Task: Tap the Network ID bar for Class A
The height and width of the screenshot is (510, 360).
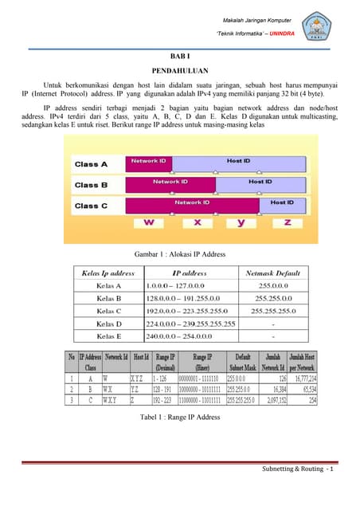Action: tap(149, 161)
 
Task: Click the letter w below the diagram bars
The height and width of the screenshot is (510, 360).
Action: tap(149, 222)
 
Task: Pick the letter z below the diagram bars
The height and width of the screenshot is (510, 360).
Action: tap(288, 222)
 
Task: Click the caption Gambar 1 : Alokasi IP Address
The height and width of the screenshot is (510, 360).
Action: tap(179, 254)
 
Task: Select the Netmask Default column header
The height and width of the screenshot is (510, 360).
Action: tap(273, 273)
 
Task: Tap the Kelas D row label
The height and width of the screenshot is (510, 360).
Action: tap(109, 324)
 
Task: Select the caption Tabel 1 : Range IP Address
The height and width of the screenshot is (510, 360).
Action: tap(179, 418)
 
